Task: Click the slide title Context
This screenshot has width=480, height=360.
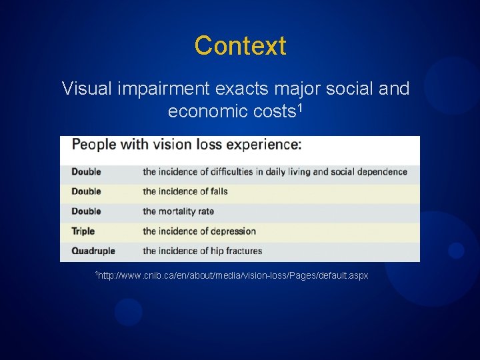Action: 240,46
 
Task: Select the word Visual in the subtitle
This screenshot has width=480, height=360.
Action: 88,89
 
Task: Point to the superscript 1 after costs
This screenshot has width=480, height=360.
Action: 300,107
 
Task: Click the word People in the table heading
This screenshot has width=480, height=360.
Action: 94,145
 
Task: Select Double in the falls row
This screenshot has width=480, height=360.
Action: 86,191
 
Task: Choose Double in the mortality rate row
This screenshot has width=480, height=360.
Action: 86,211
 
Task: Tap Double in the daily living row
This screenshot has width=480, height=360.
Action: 86,171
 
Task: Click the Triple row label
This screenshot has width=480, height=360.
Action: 83,231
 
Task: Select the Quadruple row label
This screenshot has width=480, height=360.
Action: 93,251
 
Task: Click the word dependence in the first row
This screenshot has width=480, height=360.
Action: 381,171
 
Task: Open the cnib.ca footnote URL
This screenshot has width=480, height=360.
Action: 232,275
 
